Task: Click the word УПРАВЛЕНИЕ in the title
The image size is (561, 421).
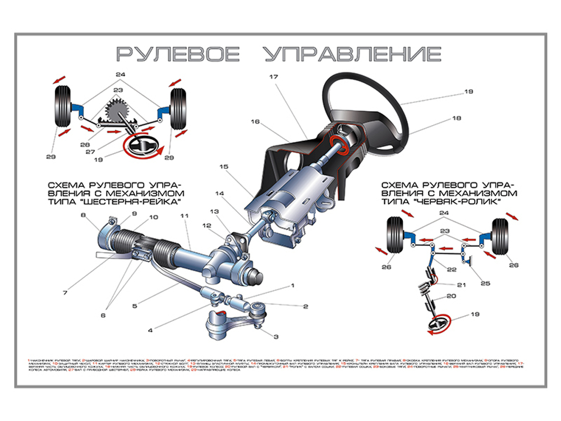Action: click(352, 54)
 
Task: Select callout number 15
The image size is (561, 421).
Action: click(224, 167)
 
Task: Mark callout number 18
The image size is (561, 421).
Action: click(456, 118)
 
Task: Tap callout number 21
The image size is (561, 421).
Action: click(461, 285)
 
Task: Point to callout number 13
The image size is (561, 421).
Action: click(213, 212)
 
